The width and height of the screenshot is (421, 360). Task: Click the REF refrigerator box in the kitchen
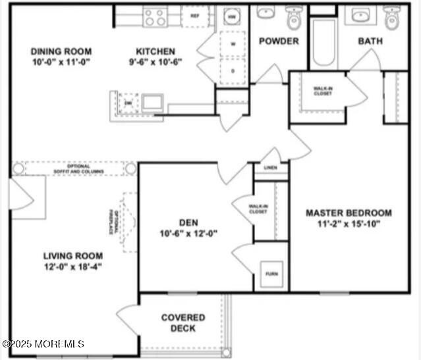(195, 16)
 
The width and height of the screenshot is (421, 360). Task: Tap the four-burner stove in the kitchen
(155, 16)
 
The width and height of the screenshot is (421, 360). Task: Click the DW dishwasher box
(128, 103)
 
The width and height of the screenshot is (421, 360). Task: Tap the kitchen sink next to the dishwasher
(153, 103)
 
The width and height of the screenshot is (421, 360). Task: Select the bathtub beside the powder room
(323, 43)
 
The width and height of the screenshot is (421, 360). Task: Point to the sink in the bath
(360, 15)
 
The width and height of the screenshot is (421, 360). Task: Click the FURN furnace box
(271, 273)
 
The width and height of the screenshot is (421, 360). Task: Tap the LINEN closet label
(271, 168)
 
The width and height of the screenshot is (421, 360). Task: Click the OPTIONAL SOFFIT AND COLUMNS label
(74, 168)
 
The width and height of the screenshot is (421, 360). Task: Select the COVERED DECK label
(182, 322)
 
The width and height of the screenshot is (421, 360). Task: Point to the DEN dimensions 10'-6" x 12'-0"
(188, 233)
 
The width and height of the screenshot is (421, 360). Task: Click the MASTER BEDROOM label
(349, 213)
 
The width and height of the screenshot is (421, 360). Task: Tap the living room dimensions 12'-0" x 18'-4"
(72, 267)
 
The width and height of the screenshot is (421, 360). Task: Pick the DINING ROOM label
(61, 51)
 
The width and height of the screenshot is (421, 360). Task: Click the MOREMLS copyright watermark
(43, 344)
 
